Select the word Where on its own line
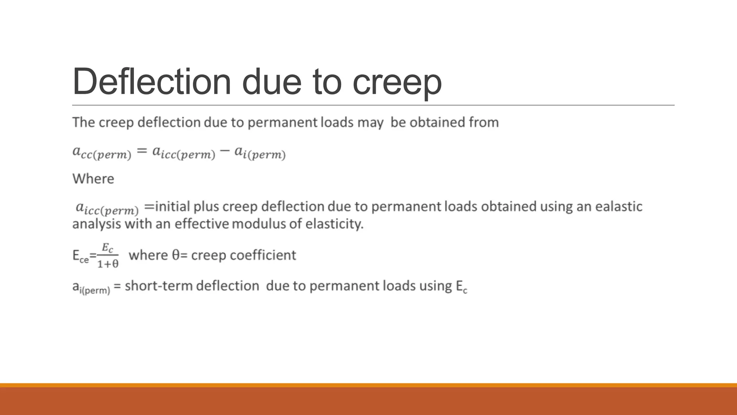(93, 179)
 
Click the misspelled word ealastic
(619, 206)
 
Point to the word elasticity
(334, 224)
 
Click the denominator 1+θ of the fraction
(108, 264)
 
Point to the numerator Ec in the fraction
(108, 248)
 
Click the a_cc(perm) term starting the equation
(102, 152)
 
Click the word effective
(202, 224)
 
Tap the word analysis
(96, 224)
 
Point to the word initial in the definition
(172, 206)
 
